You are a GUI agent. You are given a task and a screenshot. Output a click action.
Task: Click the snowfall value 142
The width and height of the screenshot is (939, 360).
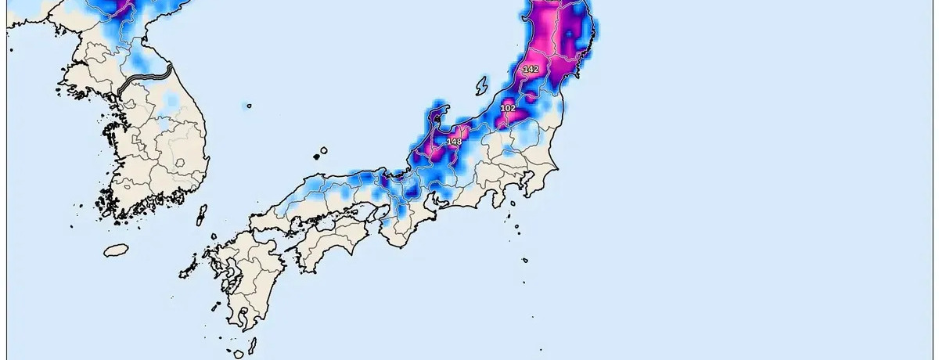pyautogui.click(x=531, y=70)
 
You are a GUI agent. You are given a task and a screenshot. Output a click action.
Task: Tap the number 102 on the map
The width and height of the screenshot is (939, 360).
pyautogui.click(x=508, y=108)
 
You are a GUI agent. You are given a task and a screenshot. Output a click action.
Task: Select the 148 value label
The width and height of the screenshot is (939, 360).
pyautogui.click(x=454, y=141)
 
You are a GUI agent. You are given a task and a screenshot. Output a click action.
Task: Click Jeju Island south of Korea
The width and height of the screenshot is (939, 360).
pyautogui.click(x=116, y=250)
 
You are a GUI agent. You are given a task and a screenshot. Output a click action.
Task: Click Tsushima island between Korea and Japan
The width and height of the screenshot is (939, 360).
pyautogui.click(x=201, y=215)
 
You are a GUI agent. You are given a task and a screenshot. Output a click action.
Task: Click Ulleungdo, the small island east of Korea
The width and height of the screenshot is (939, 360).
pyautogui.click(x=249, y=106)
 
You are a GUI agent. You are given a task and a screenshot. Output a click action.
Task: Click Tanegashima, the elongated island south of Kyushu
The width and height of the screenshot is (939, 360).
pyautogui.click(x=254, y=344)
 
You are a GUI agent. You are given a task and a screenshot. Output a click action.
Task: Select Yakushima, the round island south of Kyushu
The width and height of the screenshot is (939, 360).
pyautogui.click(x=239, y=354)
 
